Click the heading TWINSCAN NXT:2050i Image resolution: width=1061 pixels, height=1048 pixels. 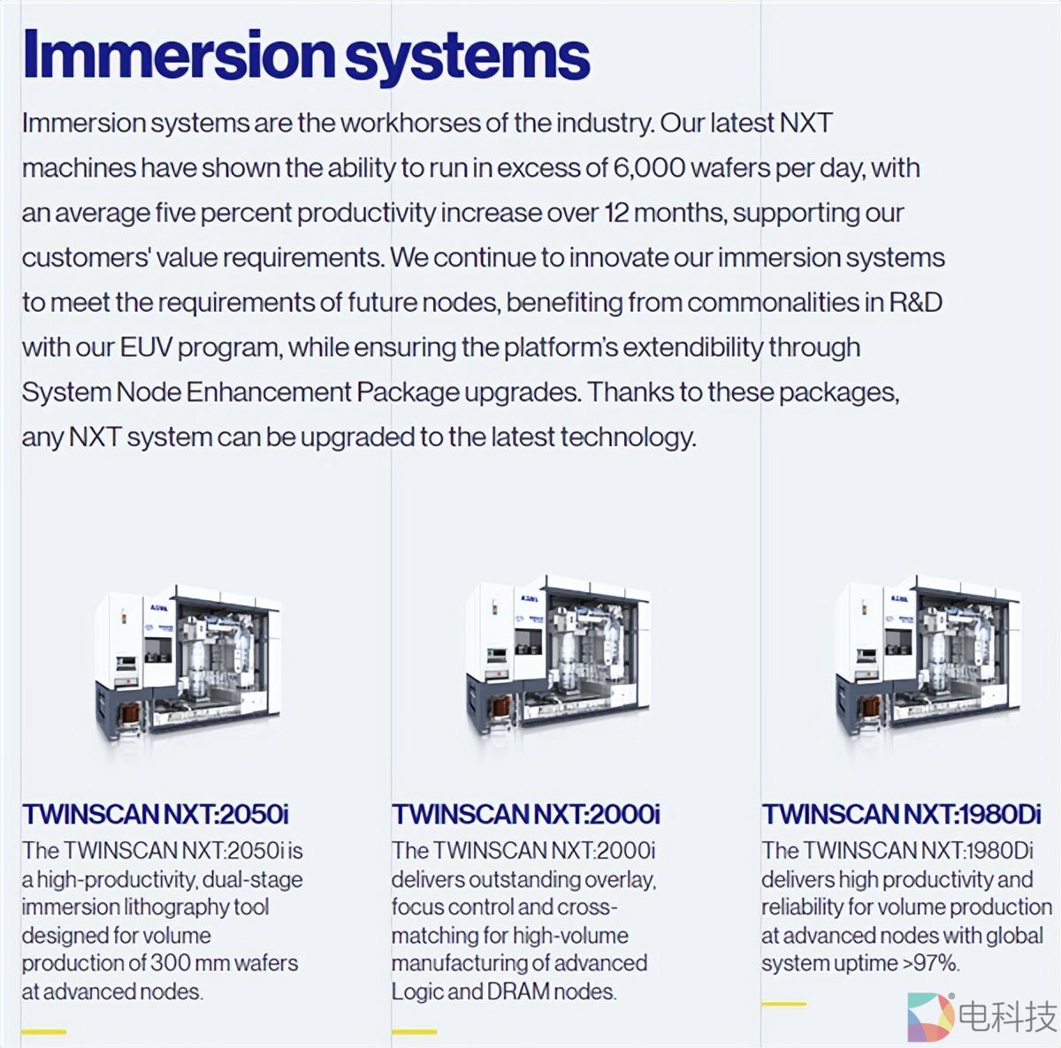pyautogui.click(x=156, y=815)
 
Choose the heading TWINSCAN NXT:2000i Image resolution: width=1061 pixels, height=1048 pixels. pyautogui.click(x=526, y=815)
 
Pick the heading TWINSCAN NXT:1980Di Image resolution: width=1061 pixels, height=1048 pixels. pyautogui.click(x=902, y=815)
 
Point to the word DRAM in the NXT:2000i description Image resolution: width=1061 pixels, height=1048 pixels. pyautogui.click(x=518, y=991)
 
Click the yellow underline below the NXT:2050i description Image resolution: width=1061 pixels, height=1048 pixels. pyautogui.click(x=44, y=1032)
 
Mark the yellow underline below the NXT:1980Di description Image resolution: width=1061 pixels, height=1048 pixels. pyautogui.click(x=784, y=1004)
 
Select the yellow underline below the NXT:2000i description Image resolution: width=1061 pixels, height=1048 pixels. pyautogui.click(x=415, y=1032)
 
